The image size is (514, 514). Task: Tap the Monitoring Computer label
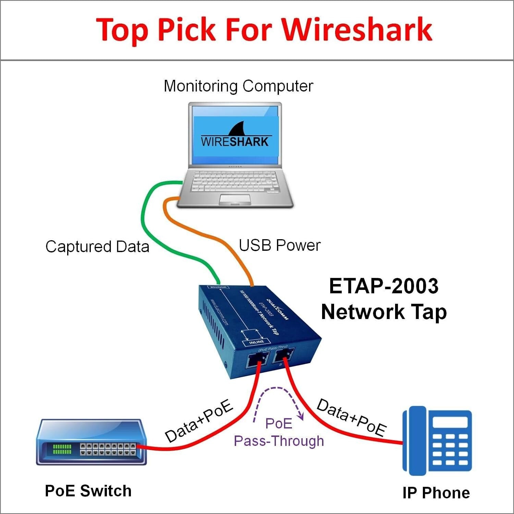(x=238, y=86)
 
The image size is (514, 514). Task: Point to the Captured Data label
(x=97, y=247)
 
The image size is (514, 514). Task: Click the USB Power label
(x=280, y=245)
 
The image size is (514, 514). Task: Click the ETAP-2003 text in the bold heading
(x=383, y=286)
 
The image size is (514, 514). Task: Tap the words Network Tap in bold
(x=384, y=312)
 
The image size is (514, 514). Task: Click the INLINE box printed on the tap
(x=256, y=342)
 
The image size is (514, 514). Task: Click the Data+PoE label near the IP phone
(x=351, y=417)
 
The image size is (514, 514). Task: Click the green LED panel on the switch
(x=62, y=449)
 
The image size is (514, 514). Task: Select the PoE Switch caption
(x=88, y=491)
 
